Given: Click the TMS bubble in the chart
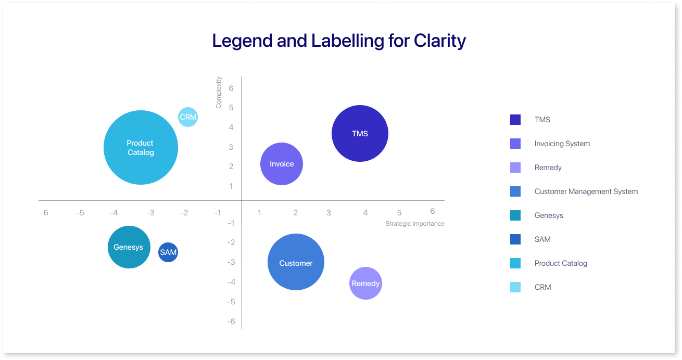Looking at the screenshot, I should [x=360, y=134].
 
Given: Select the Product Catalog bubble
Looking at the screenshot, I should [x=141, y=148].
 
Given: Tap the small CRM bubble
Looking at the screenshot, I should [x=188, y=117].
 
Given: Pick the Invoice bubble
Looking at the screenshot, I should [x=282, y=164].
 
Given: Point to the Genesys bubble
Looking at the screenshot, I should [x=129, y=247].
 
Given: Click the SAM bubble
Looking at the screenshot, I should [x=168, y=252].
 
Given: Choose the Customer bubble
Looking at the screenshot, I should [x=296, y=262].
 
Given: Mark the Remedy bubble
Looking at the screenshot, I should [x=365, y=284].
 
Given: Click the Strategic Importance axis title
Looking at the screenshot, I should [x=415, y=224].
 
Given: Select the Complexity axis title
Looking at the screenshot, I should [x=219, y=93].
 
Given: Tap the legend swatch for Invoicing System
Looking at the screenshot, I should [x=515, y=144].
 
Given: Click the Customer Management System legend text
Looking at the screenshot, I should [x=586, y=191].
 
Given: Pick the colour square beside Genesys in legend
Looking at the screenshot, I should [x=515, y=215].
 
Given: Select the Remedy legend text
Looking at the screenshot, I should [x=548, y=168].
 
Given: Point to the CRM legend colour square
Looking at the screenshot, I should [x=515, y=287].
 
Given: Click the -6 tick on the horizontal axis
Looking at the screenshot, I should [x=44, y=213].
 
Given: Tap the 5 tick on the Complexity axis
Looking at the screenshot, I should [x=231, y=108].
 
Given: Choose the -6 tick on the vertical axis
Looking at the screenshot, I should [x=231, y=322].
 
